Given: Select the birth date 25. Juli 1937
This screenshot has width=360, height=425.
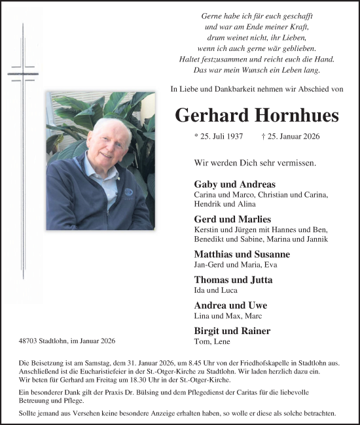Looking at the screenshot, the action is [219, 137].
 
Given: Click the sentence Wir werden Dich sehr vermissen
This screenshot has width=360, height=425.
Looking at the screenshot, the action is [255, 162].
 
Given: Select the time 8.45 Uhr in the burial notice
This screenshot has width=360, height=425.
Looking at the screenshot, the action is [189, 362].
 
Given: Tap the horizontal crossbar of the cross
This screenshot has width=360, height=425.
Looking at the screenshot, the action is [22, 72].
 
